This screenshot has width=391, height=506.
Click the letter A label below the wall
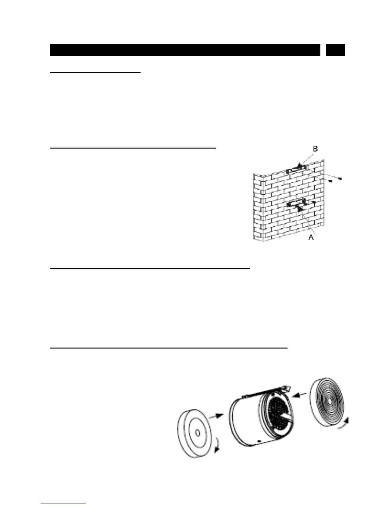point(311,238)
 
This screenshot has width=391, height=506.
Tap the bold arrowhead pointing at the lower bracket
point(299,208)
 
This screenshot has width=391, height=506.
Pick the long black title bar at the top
point(185,50)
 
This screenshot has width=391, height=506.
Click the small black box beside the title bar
point(335,50)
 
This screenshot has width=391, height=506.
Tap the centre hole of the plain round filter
point(197,433)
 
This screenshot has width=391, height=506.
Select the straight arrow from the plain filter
point(216,416)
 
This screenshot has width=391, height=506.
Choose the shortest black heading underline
point(95,73)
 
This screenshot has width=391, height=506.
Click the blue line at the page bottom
point(64,503)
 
